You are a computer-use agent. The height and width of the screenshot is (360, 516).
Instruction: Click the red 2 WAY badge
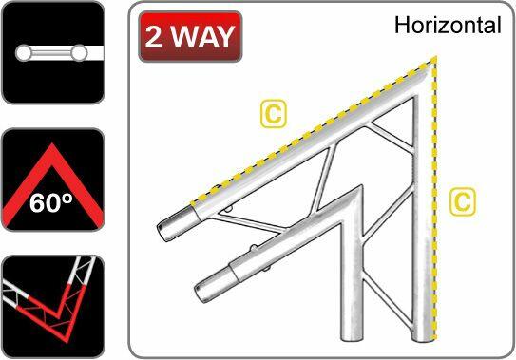[x=189, y=38]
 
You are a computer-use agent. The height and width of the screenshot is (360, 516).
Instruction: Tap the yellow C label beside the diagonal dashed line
[x=273, y=116]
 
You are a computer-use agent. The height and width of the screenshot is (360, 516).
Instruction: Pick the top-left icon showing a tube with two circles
[x=52, y=52]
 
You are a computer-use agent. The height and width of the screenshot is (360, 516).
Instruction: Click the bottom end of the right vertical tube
[x=424, y=337]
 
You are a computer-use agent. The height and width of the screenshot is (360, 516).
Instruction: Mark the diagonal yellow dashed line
[x=314, y=128]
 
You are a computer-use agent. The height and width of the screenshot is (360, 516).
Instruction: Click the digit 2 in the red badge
[x=158, y=38]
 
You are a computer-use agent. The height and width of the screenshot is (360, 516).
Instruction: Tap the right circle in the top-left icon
[x=80, y=51]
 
